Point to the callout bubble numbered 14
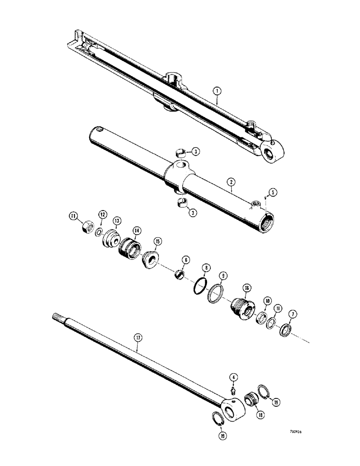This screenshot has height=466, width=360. click(137, 230)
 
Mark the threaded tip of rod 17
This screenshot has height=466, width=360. click(56, 317)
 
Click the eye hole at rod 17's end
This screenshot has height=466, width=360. click(231, 411)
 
